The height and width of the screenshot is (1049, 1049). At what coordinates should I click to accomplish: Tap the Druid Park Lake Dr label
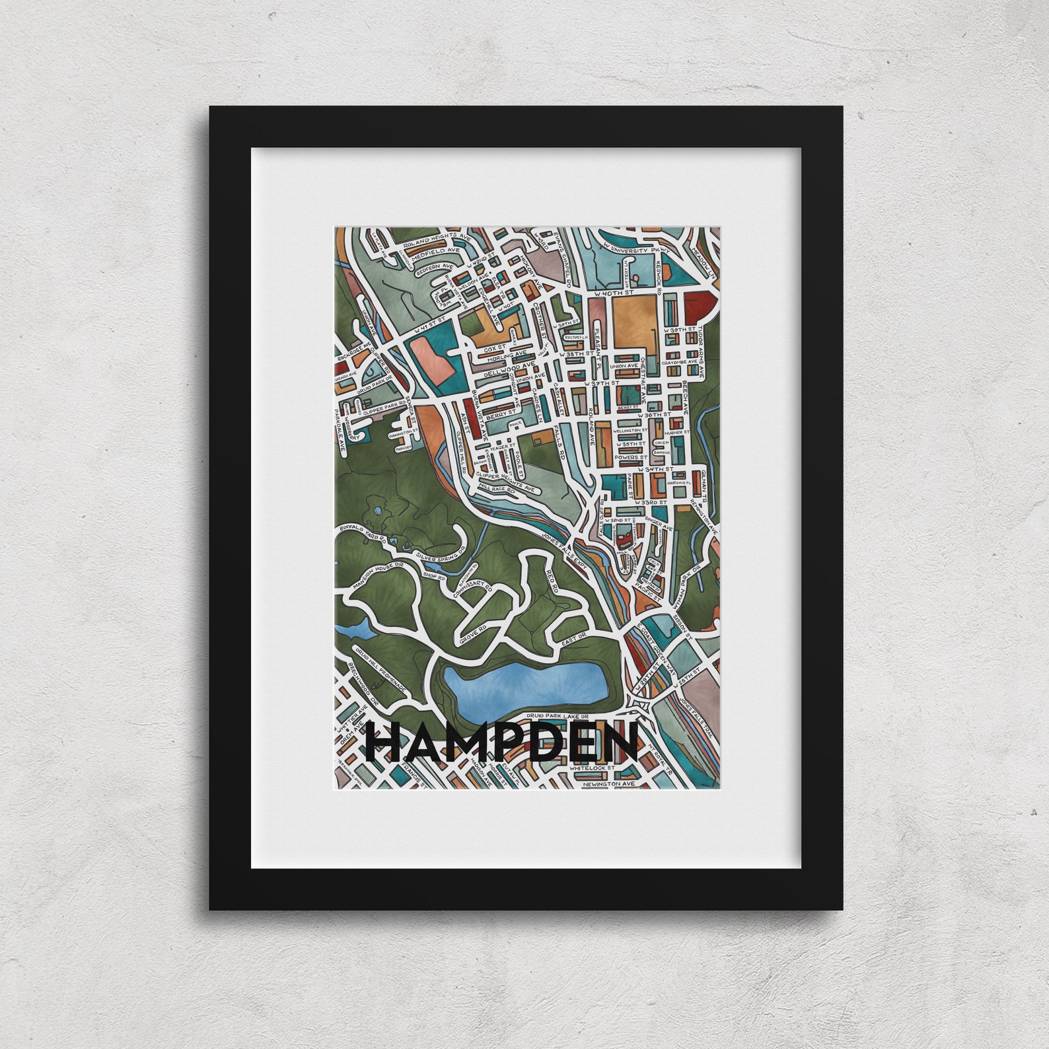pyautogui.click(x=557, y=715)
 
